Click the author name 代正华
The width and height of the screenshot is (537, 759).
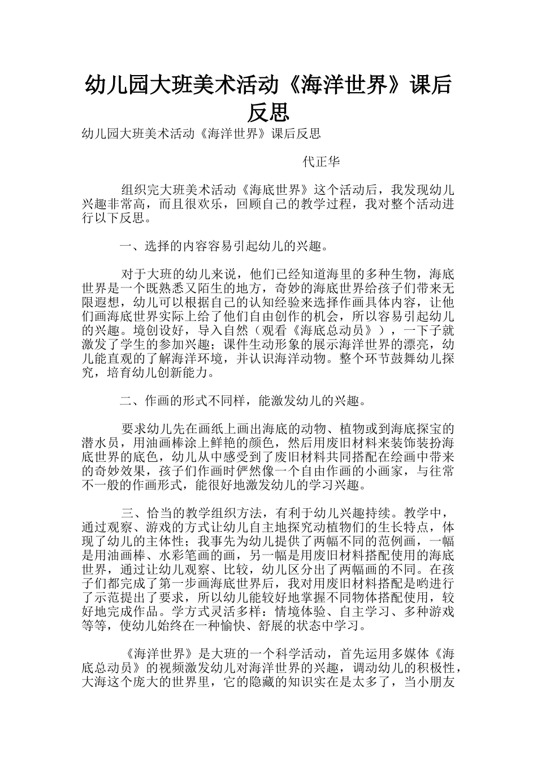pos(322,162)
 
